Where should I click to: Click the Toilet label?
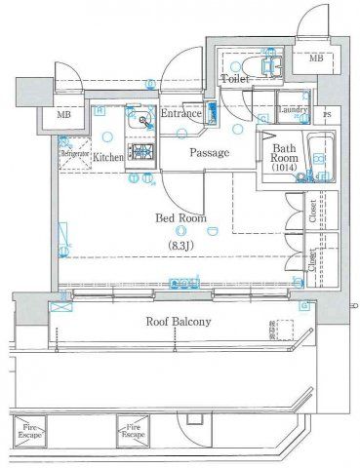pos(235,78)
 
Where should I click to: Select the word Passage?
pos(209,153)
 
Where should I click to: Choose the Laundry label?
pos(294,110)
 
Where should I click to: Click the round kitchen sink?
pos(143,122)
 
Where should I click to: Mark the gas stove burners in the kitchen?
pos(142,151)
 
